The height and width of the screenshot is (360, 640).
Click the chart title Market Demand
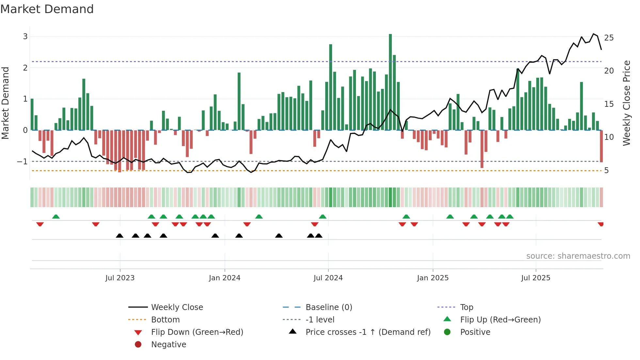coord(47,9)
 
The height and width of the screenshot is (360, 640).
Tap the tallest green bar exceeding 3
coord(390,82)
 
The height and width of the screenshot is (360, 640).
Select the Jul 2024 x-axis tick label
coord(328,278)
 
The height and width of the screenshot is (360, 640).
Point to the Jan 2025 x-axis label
coord(433,278)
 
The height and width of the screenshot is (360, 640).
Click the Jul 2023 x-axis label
coord(120,278)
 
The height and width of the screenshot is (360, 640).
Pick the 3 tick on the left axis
coord(25,36)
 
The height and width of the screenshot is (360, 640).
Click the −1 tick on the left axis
coord(22,161)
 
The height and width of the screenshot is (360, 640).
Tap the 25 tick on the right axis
coord(609,38)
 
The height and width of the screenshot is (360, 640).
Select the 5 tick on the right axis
coord(606,171)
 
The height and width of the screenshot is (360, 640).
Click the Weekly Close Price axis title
coord(626,103)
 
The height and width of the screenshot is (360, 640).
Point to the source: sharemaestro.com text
coord(578,256)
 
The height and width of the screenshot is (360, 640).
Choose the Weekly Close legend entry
coord(177,307)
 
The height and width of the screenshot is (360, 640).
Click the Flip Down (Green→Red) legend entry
coord(197,332)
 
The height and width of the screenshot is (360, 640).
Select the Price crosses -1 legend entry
coord(368,332)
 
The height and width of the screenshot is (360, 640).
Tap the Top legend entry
coord(467,307)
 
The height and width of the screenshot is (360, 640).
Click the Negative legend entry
coord(168,344)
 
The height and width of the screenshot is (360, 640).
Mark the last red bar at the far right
coord(601,146)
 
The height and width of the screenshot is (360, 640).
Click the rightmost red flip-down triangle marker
coord(600,224)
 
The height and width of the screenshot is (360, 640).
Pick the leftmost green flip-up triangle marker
coord(56,217)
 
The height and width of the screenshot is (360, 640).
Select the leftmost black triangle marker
coord(120,236)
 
